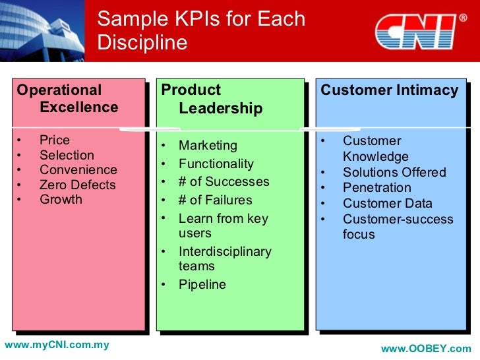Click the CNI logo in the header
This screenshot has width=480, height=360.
pyautogui.click(x=416, y=32)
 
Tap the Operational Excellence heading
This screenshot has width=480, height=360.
pyautogui.click(x=67, y=99)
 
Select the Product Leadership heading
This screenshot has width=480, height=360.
pyautogui.click(x=212, y=99)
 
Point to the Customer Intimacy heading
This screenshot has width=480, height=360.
pyautogui.click(x=389, y=90)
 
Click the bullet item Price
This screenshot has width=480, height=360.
pyautogui.click(x=54, y=140)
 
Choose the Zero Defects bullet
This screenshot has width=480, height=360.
pyautogui.click(x=77, y=185)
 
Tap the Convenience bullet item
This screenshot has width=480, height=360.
pyautogui.click(x=78, y=170)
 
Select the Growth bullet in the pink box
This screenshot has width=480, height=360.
pyautogui.click(x=61, y=199)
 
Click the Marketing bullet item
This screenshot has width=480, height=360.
pyautogui.click(x=207, y=145)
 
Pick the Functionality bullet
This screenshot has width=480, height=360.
pyautogui.click(x=216, y=164)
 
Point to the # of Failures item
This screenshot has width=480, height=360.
pyautogui.click(x=215, y=200)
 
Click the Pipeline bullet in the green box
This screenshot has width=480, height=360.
pyautogui.click(x=202, y=284)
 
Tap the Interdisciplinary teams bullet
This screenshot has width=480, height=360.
pyautogui.click(x=224, y=258)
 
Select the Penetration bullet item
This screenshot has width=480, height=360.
pyautogui.click(x=376, y=187)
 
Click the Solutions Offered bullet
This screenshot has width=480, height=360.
pyautogui.click(x=394, y=172)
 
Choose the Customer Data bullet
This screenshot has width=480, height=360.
pyautogui.click(x=387, y=203)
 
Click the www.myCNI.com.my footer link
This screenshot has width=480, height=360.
pyautogui.click(x=57, y=345)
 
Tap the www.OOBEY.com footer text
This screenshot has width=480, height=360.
pyautogui.click(x=426, y=348)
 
